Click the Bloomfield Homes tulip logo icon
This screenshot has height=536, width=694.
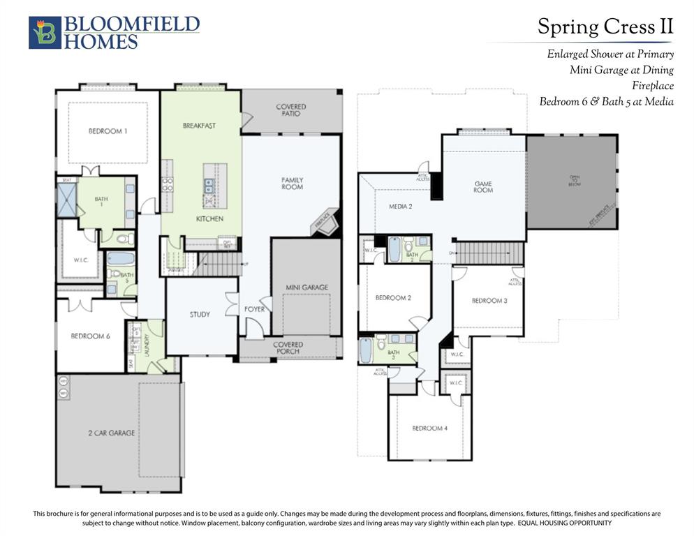[x=45, y=33]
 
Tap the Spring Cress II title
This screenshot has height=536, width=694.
[x=605, y=27]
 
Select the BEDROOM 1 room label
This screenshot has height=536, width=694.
[x=108, y=131]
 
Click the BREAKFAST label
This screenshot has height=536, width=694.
[x=199, y=126]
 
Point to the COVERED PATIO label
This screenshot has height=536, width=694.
[x=290, y=110]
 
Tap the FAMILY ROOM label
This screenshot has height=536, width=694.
[x=292, y=184]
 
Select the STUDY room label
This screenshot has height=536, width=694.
[x=200, y=314]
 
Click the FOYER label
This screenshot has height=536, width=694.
[x=254, y=309]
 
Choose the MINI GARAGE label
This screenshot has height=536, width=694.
[x=307, y=287]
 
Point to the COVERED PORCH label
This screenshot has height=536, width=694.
[x=288, y=348]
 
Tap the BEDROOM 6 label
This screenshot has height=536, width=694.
[x=90, y=336]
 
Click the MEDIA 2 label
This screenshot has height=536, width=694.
[x=400, y=207]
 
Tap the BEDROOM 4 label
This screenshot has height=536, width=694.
[x=429, y=428]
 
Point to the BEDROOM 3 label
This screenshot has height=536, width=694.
[x=489, y=300]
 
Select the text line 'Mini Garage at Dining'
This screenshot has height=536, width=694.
[x=621, y=70]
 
